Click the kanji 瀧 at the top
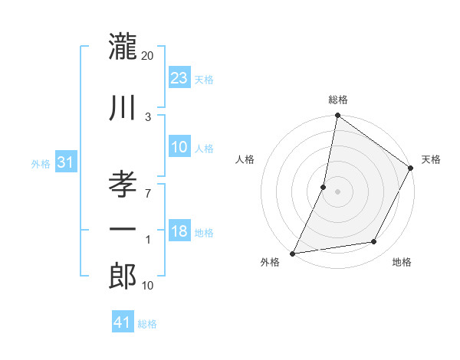click(123, 47)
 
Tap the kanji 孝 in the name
click(123, 185)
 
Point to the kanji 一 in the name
click(123, 229)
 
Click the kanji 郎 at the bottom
click(123, 277)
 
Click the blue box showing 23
click(179, 77)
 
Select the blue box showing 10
click(179, 147)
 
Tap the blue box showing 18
click(179, 231)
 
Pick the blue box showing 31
click(66, 162)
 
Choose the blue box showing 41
click(123, 322)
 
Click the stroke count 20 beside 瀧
click(147, 56)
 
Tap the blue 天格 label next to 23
click(204, 79)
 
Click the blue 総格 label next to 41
click(147, 324)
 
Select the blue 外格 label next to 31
click(41, 164)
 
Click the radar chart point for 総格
click(337, 116)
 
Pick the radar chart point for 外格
click(292, 253)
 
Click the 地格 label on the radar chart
click(402, 263)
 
